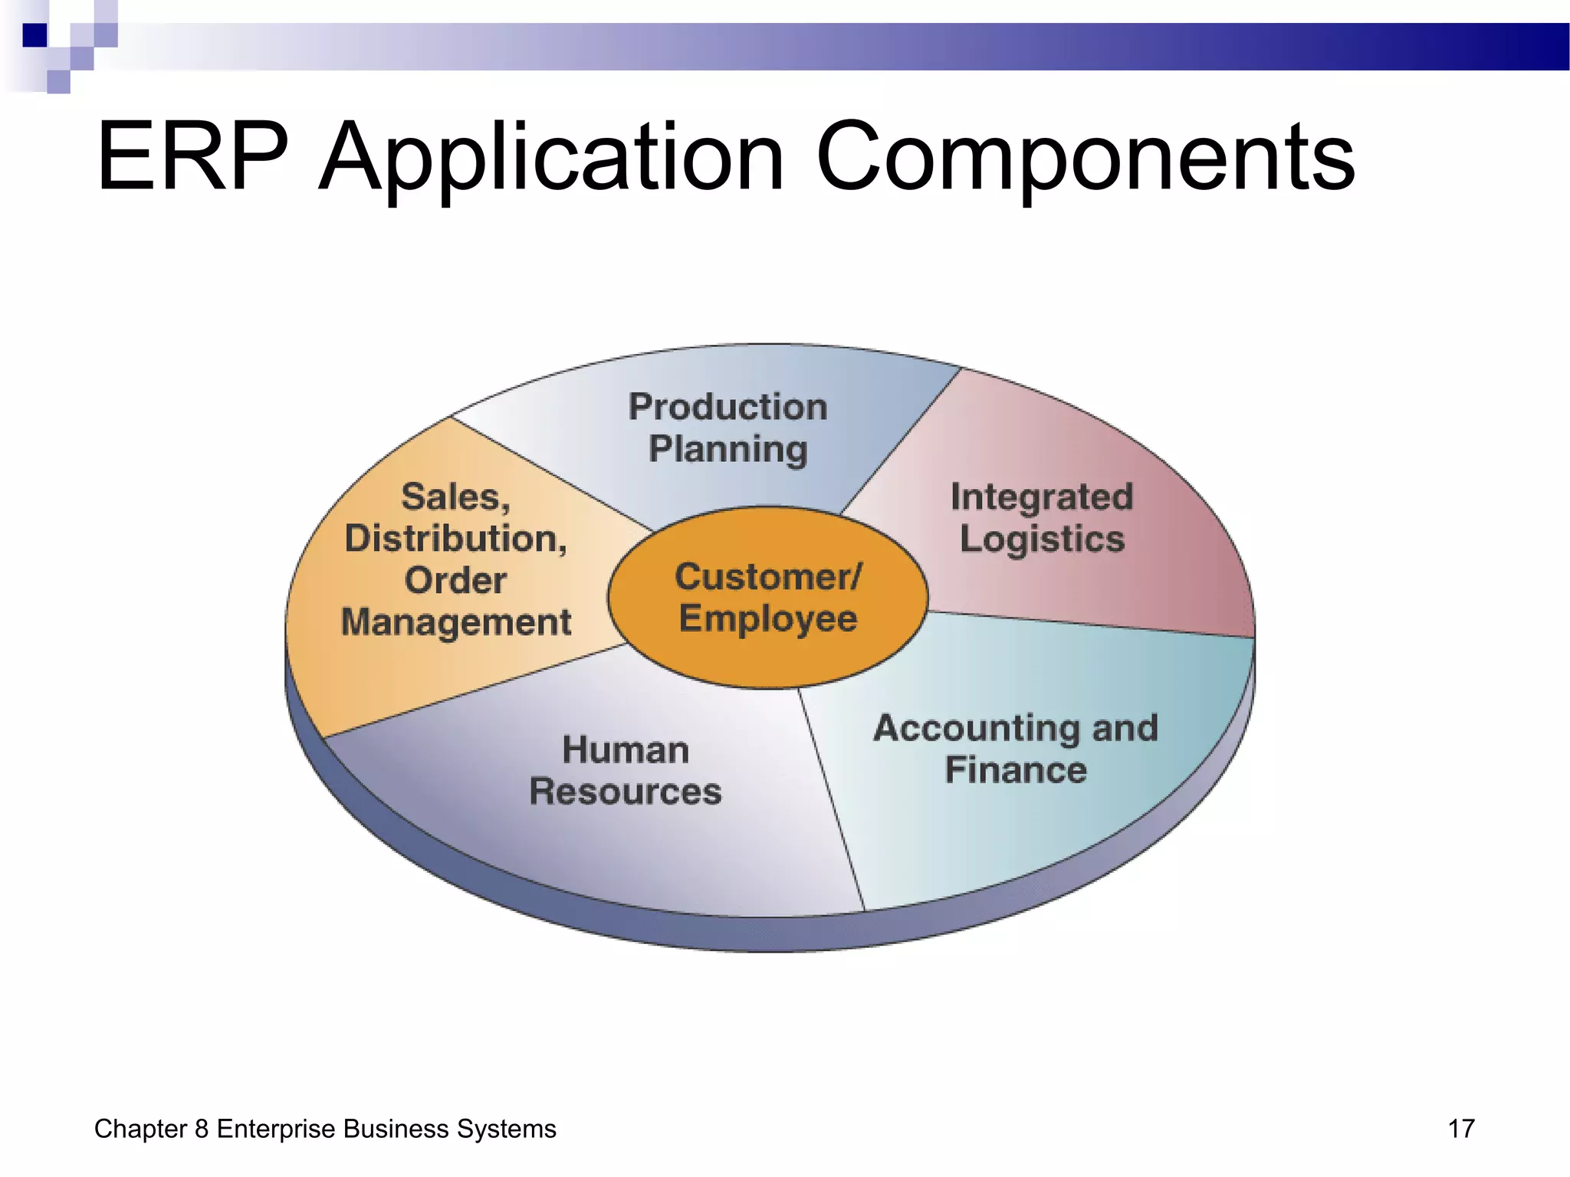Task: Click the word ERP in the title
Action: [192, 157]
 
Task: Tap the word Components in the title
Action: [1086, 157]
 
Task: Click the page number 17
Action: [1460, 1129]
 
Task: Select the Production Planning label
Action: [728, 428]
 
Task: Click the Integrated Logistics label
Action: [1041, 517]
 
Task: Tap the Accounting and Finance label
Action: [1015, 749]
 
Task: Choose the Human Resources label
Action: [625, 770]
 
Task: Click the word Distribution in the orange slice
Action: [455, 539]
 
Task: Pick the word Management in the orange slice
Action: [455, 621]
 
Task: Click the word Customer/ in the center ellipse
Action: [768, 576]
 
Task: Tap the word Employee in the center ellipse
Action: [768, 618]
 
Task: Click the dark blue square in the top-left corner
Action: [34, 35]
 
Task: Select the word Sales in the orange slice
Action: [455, 497]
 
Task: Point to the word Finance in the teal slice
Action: [1015, 769]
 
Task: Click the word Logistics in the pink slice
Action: [1041, 539]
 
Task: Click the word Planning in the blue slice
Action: [728, 449]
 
